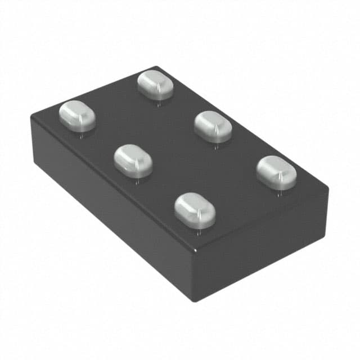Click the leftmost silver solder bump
pos(77,115)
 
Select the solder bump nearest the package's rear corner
pos(155,84)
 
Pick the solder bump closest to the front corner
pos(195,210)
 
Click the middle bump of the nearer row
pos(133,160)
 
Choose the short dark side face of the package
pos(262,247)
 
